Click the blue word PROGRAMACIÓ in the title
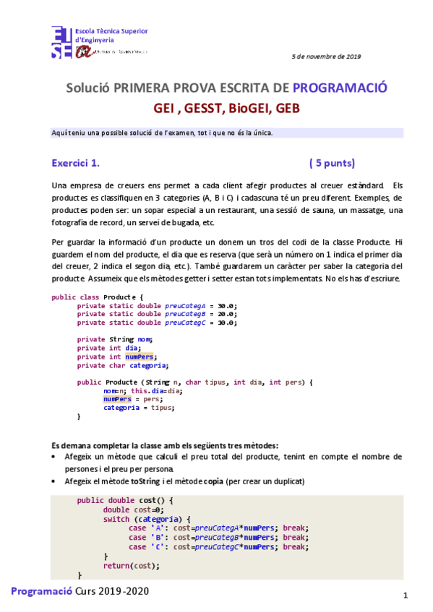point(340,88)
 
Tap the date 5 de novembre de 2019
point(326,56)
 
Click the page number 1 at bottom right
point(406,595)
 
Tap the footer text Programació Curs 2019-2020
point(80,590)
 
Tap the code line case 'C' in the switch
point(218,546)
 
